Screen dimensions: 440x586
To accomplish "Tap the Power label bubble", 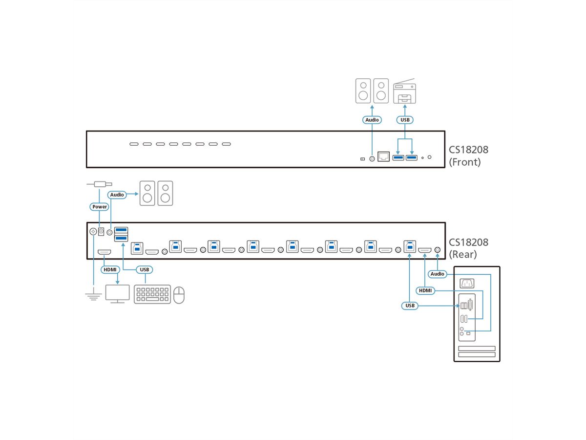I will click(100, 207).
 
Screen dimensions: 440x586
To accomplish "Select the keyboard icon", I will click(152, 294).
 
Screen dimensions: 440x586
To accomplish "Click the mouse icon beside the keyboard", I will click(179, 295).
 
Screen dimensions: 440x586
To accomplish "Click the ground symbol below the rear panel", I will click(93, 295).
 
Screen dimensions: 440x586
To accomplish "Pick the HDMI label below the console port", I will click(109, 269).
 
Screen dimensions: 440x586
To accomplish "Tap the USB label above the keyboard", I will click(144, 269).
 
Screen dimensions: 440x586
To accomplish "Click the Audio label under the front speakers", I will click(372, 120).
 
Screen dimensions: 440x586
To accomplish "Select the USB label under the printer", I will click(405, 120).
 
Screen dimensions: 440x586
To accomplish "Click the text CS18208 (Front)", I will click(468, 155).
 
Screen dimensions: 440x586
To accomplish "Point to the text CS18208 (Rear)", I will click(468, 248).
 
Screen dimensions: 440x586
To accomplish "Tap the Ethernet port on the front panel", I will click(383, 156).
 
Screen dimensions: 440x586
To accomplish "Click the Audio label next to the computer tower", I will click(437, 274).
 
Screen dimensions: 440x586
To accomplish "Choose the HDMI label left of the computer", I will click(425, 290).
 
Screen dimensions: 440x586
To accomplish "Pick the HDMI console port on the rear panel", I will click(104, 252).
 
